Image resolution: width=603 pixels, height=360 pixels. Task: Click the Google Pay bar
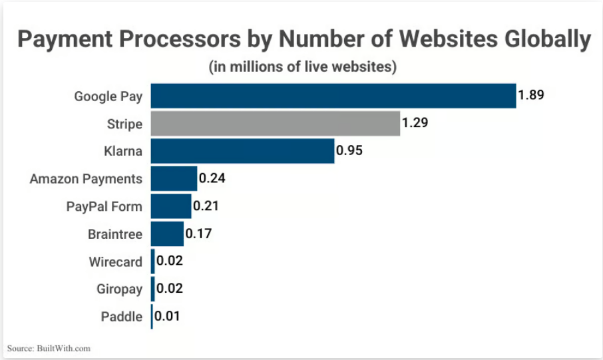(x=333, y=96)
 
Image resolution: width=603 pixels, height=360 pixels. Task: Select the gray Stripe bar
(x=276, y=124)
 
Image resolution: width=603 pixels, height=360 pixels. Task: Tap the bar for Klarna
(x=242, y=151)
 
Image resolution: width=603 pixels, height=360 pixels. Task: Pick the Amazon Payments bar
(x=174, y=178)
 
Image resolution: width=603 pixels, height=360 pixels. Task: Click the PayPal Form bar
(x=171, y=206)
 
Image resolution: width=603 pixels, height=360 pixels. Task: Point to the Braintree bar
(x=167, y=234)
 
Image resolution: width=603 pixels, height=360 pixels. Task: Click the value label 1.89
(x=531, y=94)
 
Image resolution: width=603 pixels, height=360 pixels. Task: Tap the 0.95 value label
(x=349, y=150)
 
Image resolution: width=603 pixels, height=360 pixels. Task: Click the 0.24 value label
(x=212, y=178)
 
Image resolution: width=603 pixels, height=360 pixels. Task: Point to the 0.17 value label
(x=198, y=234)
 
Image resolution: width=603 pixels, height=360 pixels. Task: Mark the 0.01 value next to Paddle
(x=168, y=316)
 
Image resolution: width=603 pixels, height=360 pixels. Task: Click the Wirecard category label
(x=115, y=262)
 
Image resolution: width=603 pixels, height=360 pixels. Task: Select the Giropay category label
(x=119, y=289)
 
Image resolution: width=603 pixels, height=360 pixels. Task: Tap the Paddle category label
(x=121, y=317)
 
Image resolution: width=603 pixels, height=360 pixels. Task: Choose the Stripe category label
(x=124, y=124)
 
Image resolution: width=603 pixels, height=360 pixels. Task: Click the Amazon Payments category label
(x=86, y=179)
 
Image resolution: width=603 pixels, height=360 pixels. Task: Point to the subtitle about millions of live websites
(x=302, y=67)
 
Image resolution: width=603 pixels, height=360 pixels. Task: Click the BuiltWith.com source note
(x=49, y=348)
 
